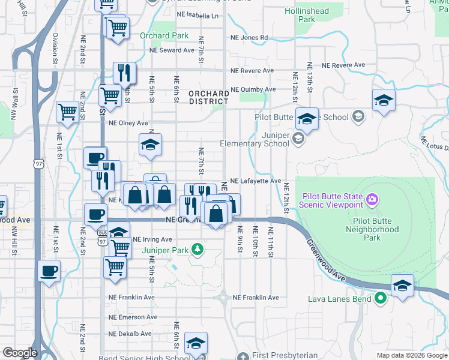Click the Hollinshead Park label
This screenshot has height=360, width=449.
coord(307,15)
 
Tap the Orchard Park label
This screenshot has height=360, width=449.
coord(164,35)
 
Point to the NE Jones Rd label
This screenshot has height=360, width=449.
coord(250,38)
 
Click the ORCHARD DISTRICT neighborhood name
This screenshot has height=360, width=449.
coord(209,98)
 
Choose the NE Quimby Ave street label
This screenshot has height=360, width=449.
coord(254,89)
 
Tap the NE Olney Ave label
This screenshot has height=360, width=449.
coord(128,123)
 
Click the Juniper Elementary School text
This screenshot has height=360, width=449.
coord(255,140)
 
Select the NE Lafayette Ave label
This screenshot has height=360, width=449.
coord(256,181)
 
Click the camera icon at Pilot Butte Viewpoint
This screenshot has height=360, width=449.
coord(372,199)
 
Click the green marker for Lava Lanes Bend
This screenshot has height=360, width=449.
coord(379,298)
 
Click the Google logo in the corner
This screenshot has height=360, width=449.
coord(20,353)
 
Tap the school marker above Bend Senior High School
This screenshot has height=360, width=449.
coord(196,343)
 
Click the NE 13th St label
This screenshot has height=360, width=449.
coord(310,77)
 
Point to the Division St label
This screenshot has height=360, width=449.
coord(55,49)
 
